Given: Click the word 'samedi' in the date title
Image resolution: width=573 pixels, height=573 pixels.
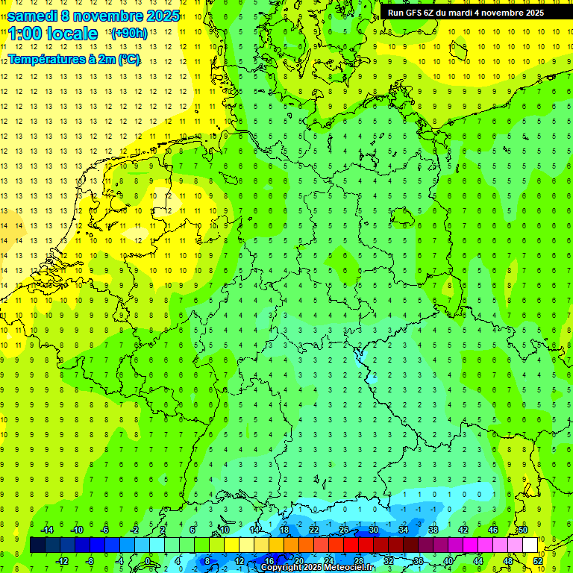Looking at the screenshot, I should click(32, 16).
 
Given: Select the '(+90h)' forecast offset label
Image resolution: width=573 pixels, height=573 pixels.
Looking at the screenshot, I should click(128, 34).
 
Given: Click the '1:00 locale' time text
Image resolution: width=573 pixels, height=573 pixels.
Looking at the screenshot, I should click(53, 34).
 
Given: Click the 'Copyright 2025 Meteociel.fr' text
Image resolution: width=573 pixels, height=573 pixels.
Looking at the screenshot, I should click(317, 568).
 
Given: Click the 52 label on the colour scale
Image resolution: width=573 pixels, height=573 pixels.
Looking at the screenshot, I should click(538, 561).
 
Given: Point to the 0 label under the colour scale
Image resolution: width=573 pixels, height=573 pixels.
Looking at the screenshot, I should click(148, 561).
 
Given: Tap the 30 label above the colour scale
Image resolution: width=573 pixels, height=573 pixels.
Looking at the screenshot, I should click(373, 530).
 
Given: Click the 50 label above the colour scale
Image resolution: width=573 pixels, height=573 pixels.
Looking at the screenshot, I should click(522, 530).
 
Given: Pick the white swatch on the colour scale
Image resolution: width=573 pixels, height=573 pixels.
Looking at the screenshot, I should click(530, 545).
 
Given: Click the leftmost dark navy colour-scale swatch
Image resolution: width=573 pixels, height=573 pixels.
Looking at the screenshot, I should click(37, 545).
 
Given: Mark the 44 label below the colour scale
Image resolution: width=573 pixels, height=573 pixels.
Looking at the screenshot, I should click(478, 561).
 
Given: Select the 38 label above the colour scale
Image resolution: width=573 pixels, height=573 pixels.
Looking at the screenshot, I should click(433, 530).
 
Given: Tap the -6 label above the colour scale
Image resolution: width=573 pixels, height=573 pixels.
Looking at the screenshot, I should click(105, 530).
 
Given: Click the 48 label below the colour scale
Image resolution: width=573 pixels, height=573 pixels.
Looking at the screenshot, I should click(508, 561).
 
